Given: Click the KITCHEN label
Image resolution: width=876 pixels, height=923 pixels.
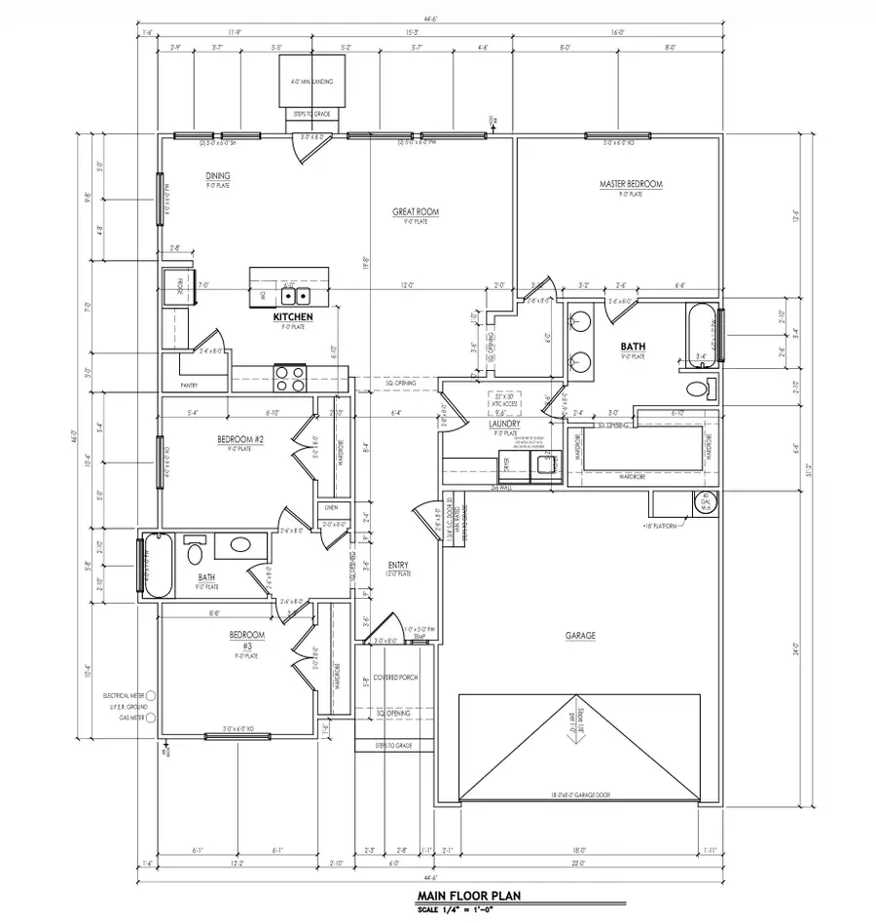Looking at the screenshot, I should pos(292,317).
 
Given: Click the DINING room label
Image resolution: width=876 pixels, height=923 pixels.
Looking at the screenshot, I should pos(217,176).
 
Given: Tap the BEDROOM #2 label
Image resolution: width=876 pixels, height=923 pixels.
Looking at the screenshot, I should pos(237,439).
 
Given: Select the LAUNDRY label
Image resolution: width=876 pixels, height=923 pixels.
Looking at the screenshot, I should pos(505,425).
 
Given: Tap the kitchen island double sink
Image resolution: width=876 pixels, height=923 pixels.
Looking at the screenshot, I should pos(295,295).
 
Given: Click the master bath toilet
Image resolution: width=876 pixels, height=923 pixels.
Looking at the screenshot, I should pos(698,390).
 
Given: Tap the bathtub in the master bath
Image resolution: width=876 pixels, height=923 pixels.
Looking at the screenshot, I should pos(703,333).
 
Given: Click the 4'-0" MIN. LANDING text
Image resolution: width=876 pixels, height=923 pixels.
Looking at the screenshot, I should pos(313,82).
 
